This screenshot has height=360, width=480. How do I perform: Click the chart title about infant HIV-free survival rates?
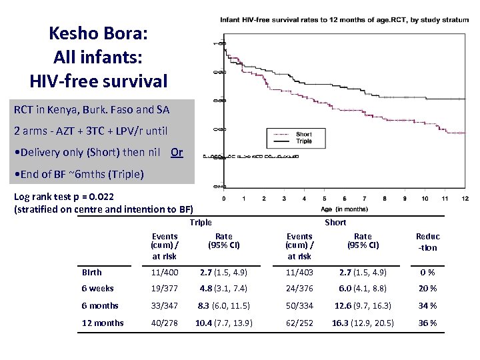coord(344,20)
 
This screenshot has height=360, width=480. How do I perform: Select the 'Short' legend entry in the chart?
coord(303,135)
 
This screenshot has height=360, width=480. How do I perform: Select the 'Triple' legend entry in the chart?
coord(303,141)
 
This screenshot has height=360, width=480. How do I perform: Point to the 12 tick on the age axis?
coord(465,199)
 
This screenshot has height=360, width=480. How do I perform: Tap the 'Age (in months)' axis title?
coord(344,209)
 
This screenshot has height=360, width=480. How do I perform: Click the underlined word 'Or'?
coord(176,152)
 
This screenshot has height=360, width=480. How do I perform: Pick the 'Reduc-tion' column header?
coord(427,241)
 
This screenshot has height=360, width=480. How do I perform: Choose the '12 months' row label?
coord(103,323)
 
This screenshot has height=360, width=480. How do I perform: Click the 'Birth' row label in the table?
coord(92,272)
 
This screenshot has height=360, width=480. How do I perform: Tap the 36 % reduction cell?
coord(427,323)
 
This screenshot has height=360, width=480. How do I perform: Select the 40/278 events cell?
coord(165,323)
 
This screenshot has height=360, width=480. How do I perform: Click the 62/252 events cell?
coord(299,323)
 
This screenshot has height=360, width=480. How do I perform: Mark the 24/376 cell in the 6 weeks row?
coord(299,289)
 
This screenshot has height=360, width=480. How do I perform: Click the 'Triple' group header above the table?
coord(201,223)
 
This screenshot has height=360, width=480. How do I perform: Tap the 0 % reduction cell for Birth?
coord(427,272)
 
